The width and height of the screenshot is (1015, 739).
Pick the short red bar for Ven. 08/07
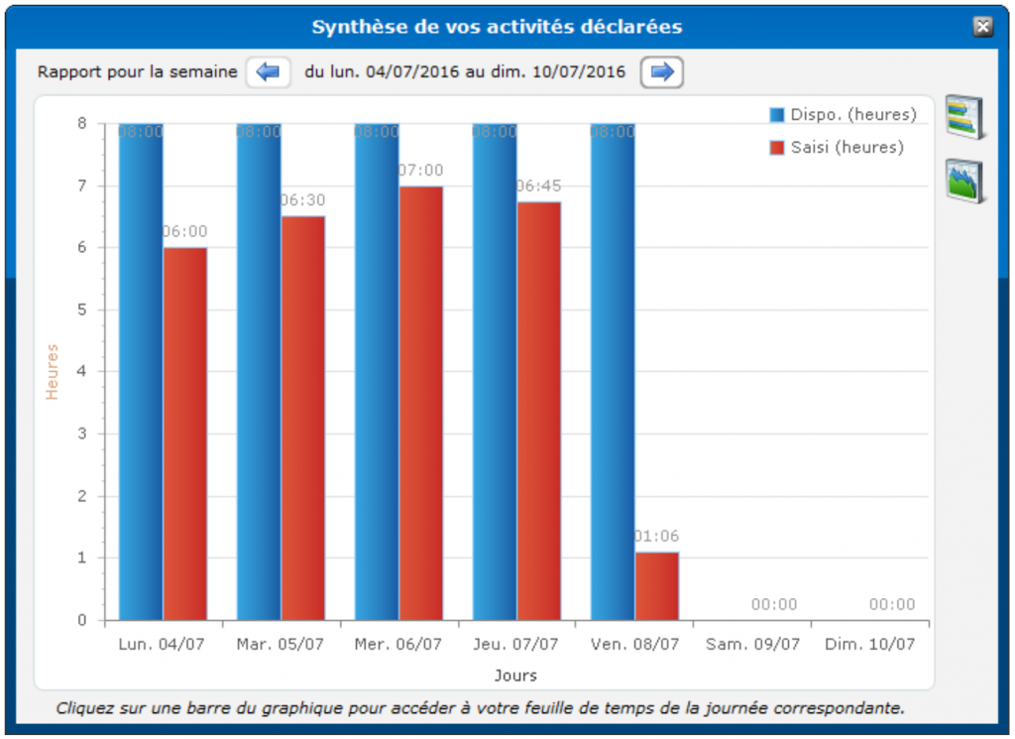click(657, 586)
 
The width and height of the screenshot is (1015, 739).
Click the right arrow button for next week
click(662, 71)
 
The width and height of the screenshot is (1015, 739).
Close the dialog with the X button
click(982, 27)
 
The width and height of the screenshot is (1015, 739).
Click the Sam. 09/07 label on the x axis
click(752, 644)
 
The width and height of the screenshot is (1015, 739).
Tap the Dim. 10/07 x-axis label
click(870, 644)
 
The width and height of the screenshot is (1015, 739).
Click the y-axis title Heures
click(53, 372)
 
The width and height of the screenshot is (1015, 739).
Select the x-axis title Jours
click(515, 676)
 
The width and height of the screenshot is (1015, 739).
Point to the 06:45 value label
click(539, 185)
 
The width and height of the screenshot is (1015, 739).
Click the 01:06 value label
click(657, 537)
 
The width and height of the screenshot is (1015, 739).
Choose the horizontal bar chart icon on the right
click(964, 116)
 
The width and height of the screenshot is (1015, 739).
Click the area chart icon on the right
click(964, 181)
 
